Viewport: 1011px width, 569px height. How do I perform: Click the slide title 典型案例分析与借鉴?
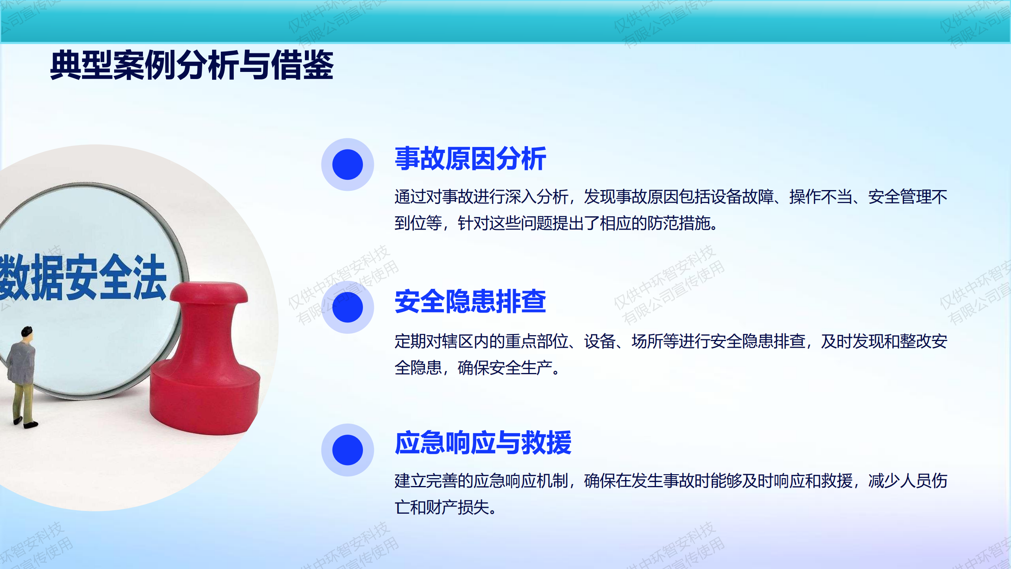[192, 65]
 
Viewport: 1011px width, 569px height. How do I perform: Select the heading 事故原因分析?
[470, 159]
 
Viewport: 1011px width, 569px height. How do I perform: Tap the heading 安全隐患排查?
[470, 301]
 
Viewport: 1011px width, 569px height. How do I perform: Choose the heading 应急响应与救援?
[483, 443]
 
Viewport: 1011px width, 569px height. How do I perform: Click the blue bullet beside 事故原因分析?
[348, 164]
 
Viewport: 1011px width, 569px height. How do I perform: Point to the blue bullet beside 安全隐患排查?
[348, 307]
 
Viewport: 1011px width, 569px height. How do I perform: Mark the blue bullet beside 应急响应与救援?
[348, 450]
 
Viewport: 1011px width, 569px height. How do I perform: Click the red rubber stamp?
[205, 358]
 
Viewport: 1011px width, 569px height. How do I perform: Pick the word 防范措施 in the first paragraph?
[678, 224]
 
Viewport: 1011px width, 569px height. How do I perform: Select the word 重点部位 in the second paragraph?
[536, 341]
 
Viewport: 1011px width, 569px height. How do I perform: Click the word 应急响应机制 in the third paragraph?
[521, 481]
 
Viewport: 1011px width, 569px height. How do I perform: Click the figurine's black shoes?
[25, 423]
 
